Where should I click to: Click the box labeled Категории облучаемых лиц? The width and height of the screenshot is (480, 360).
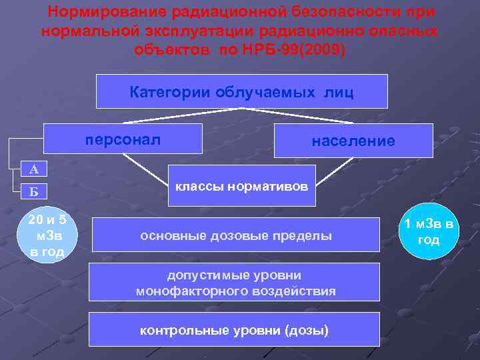point(241,91)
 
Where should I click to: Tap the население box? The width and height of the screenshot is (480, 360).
point(353,141)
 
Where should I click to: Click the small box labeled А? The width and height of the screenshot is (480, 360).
point(33,169)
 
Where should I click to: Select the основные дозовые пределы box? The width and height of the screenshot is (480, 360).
point(235,236)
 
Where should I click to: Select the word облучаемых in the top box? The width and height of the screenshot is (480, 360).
point(265,92)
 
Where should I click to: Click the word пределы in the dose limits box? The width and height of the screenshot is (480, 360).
point(307,236)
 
